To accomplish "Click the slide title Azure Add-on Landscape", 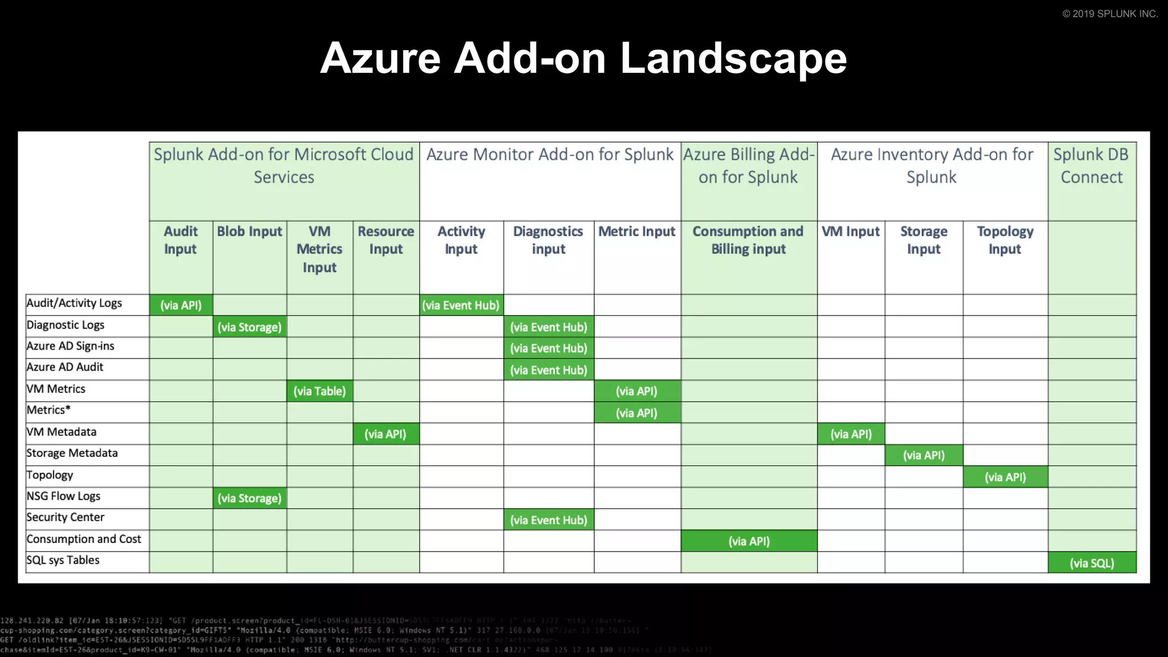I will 583,58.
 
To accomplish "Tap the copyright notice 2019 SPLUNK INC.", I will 1110,14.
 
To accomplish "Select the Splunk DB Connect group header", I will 1091,165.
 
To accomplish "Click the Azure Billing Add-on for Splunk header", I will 748,165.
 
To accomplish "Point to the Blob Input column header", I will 249,232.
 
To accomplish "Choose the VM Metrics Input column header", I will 319,249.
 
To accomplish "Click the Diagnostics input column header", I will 548,240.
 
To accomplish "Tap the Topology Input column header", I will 1005,240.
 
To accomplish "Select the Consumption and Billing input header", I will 748,240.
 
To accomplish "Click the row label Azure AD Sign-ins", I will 70,346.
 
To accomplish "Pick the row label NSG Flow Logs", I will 63,496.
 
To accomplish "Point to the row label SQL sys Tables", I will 63,560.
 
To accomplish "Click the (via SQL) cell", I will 1092,563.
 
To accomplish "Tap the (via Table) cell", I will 319,391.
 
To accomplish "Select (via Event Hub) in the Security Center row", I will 548,520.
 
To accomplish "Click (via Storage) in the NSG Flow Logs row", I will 249,498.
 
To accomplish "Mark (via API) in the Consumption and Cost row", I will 749,541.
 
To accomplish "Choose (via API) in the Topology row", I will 1005,477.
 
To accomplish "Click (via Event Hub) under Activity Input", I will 461,305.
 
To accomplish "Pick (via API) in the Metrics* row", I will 636,413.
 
